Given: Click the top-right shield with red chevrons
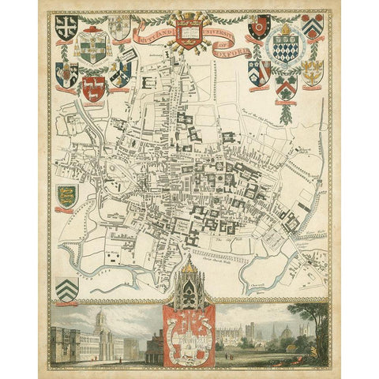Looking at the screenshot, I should click(314, 28).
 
